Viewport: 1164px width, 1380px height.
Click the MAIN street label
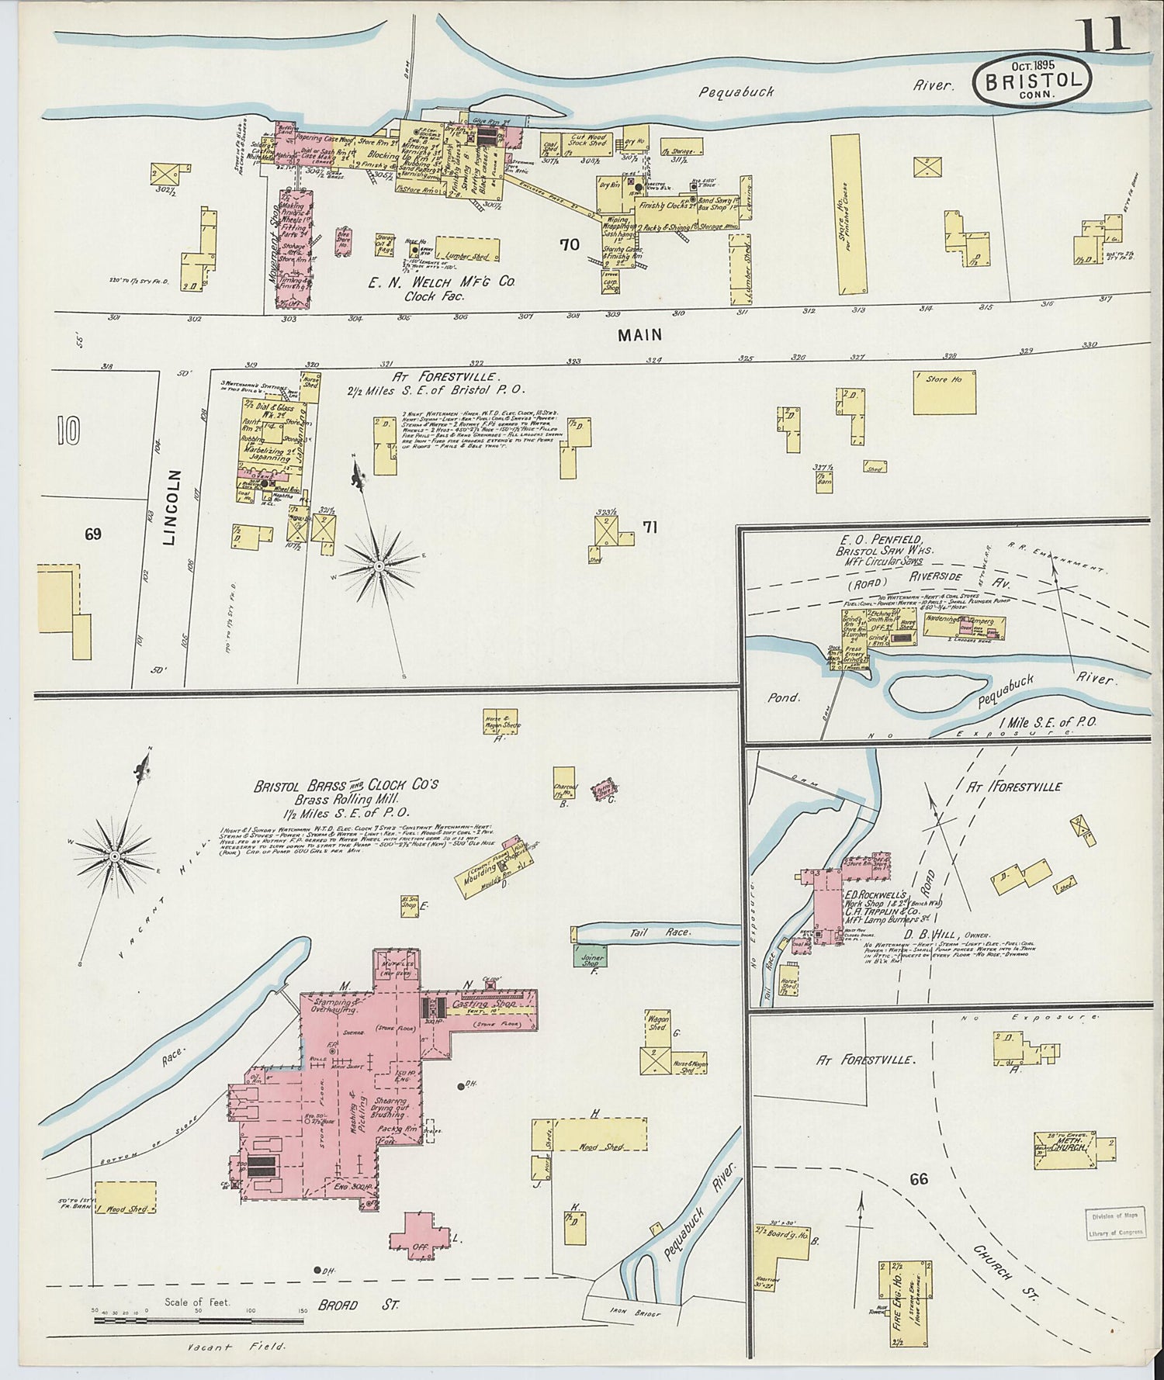[640, 335]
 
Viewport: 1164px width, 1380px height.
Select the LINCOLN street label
[173, 509]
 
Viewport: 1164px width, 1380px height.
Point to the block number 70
[570, 244]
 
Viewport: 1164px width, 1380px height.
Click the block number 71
[650, 527]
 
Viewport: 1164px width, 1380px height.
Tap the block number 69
[93, 534]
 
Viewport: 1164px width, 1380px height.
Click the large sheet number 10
[68, 431]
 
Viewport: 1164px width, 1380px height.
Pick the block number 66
[919, 1180]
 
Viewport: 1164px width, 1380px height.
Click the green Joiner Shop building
[591, 955]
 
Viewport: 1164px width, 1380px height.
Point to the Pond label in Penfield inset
[783, 697]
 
